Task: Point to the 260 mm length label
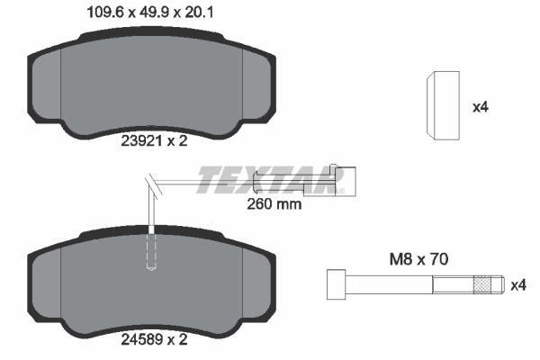[274, 203]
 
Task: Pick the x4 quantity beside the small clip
[480, 106]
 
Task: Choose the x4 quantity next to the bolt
[517, 286]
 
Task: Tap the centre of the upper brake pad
[153, 85]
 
